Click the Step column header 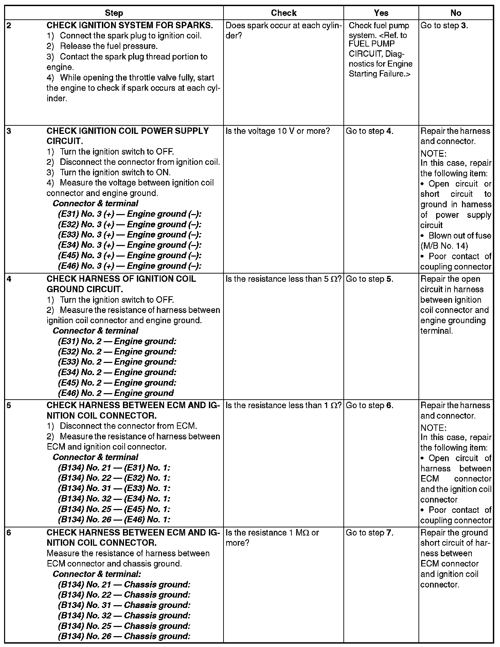(x=114, y=13)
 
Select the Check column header (x=284, y=13)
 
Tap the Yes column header (x=381, y=13)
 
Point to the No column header (x=456, y=13)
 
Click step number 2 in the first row (x=9, y=25)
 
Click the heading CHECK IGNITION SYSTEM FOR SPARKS (x=130, y=25)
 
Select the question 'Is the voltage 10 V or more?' (x=278, y=131)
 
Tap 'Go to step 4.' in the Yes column (x=370, y=131)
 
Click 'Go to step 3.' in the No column (x=444, y=25)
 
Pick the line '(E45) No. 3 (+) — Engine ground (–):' (x=130, y=256)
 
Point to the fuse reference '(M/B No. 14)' (x=444, y=246)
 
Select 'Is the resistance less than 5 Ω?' (x=283, y=279)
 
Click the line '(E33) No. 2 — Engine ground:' (x=117, y=362)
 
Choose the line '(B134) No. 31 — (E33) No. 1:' (x=114, y=488)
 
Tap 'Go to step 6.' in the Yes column (x=370, y=405)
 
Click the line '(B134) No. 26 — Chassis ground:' (x=124, y=636)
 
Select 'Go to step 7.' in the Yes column (x=370, y=532)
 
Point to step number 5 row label (x=9, y=405)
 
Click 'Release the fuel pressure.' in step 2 (x=109, y=46)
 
